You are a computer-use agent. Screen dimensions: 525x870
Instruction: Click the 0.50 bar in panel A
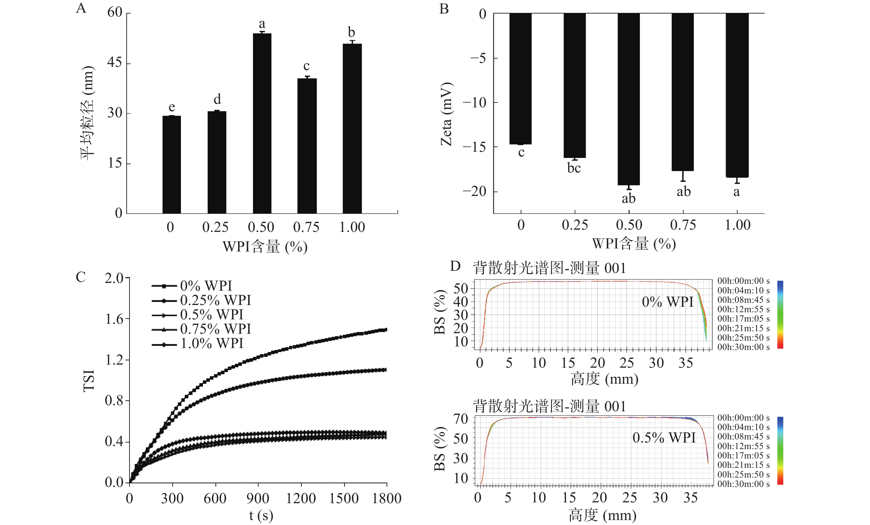[x=262, y=123]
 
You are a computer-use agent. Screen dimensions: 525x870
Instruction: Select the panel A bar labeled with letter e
[x=172, y=165]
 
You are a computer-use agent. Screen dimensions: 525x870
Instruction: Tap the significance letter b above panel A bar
[x=351, y=33]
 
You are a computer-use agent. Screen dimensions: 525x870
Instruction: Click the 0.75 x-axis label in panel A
[x=306, y=227]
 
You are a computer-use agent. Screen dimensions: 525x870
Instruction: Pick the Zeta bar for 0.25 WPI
[x=574, y=85]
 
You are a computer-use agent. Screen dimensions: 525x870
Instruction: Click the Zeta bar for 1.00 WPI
[x=737, y=95]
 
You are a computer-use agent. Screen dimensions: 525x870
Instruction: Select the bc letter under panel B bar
[x=574, y=168]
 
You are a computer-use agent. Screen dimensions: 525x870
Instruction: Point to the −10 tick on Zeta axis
[x=474, y=103]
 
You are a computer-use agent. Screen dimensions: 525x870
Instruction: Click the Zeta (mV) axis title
[x=446, y=114]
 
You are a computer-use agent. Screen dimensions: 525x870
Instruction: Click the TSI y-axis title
[x=89, y=380]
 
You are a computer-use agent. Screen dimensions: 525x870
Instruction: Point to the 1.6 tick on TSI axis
[x=114, y=319]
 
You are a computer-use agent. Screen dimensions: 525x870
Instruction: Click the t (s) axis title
[x=261, y=515]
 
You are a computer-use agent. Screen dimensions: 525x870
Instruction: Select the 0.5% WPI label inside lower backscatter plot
[x=664, y=438]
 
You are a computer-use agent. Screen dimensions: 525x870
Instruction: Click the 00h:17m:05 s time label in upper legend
[x=743, y=319]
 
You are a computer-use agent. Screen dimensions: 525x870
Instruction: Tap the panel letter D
[x=455, y=266]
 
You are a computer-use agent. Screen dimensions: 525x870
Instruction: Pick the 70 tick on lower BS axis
[x=461, y=419]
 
